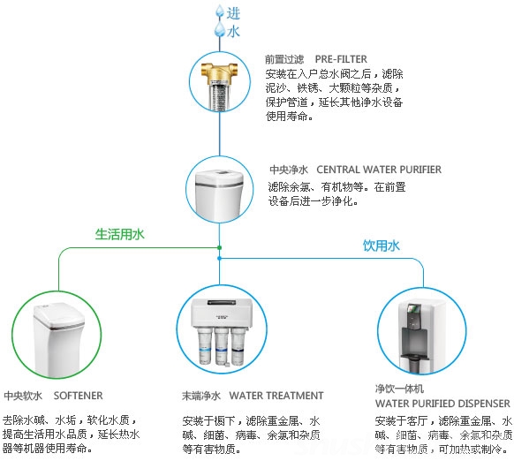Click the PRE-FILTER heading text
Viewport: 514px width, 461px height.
point(341,59)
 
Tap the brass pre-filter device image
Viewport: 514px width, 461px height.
point(219,86)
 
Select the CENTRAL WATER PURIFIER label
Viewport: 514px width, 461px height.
point(379,170)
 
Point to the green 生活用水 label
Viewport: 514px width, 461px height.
point(119,234)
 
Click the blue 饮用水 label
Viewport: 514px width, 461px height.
point(382,246)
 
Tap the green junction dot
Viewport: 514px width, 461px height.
point(219,247)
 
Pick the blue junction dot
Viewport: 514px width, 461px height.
point(219,259)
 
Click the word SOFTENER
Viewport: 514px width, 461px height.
point(78,396)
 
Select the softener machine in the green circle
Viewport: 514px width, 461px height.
point(58,339)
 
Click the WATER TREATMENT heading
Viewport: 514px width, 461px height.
point(276,396)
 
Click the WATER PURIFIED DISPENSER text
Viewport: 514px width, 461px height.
point(442,404)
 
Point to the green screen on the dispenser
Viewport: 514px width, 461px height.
point(413,308)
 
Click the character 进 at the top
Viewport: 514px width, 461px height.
point(233,13)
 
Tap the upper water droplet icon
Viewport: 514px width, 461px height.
point(219,11)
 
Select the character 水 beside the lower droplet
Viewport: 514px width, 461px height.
point(233,32)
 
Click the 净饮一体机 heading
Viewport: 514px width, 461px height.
point(399,389)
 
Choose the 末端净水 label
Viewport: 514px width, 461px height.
point(201,396)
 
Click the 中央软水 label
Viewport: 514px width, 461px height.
point(23,396)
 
